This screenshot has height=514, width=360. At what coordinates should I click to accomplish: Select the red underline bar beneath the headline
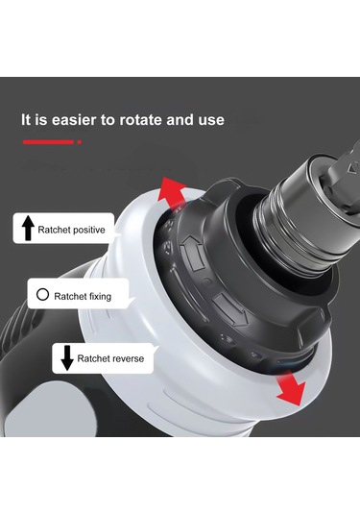tap(49, 142)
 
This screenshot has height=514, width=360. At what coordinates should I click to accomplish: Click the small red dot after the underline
tap(80, 142)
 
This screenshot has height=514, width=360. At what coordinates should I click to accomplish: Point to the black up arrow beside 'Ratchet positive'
tap(28, 228)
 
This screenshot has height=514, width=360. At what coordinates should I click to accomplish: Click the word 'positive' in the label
tap(88, 230)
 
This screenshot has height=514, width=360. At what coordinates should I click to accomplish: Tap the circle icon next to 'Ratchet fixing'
tap(42, 294)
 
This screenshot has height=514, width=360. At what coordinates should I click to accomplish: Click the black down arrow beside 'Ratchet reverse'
tap(67, 358)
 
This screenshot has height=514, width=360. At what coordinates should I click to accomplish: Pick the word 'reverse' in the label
tap(127, 358)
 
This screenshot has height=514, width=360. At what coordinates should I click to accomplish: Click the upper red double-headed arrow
tap(171, 193)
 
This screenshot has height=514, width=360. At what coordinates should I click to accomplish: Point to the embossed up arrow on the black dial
tap(192, 253)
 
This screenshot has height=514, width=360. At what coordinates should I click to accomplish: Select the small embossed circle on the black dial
tap(206, 281)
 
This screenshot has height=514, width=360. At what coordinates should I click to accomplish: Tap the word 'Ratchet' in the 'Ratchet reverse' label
tap(93, 358)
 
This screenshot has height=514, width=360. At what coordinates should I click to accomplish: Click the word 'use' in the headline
tap(211, 120)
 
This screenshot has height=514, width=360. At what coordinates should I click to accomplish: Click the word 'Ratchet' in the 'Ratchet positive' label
tap(54, 230)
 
